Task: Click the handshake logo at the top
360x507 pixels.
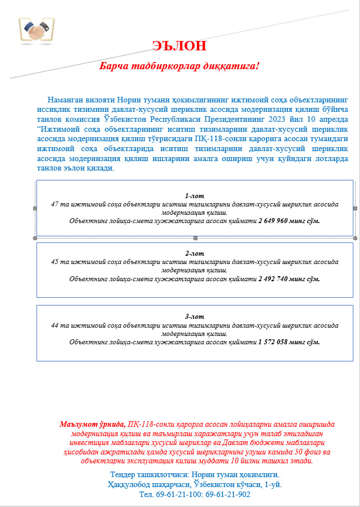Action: [36, 29]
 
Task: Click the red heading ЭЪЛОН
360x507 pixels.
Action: [180, 46]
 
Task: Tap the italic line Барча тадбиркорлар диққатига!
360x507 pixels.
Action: [179, 66]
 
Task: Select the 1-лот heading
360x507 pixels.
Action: [194, 196]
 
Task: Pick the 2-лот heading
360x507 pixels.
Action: [194, 253]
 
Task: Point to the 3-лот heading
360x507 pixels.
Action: [194, 317]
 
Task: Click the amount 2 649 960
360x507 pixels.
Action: [278, 221]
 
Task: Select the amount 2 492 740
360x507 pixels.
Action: [278, 279]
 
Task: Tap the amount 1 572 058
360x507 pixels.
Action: [278, 342]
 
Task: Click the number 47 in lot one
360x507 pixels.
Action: [54, 204]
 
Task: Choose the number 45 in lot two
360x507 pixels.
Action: [54, 262]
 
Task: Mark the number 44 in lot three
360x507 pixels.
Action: [54, 325]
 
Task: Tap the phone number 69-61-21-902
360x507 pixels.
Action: [228, 494]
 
